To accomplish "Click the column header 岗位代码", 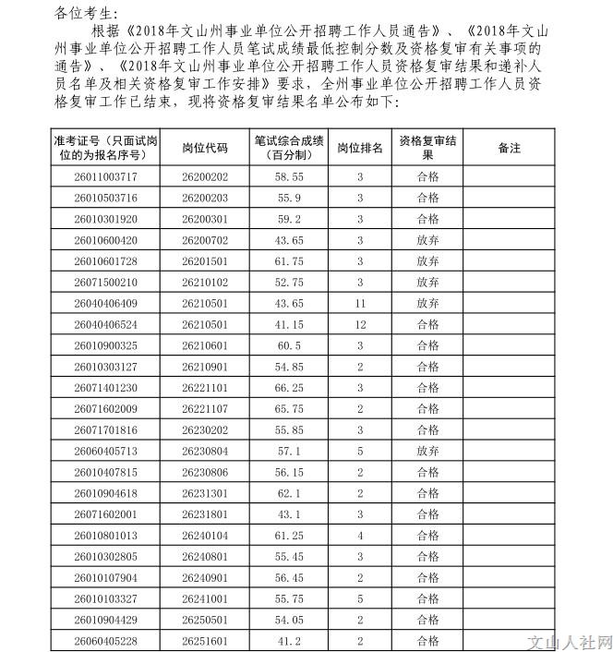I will [205, 148].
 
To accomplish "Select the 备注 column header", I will [509, 148].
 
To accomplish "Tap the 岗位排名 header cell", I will [360, 148].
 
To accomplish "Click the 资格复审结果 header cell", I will [428, 148].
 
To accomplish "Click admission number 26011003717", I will [106, 175].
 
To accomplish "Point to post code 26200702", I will [205, 239].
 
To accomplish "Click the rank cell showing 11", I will [360, 303].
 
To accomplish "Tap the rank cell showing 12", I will [360, 324].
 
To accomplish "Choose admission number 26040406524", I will [106, 324].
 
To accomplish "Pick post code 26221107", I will [205, 409].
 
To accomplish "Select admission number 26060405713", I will [106, 451].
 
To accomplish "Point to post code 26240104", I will [205, 536].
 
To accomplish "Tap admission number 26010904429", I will [106, 620].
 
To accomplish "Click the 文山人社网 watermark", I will [567, 640].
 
